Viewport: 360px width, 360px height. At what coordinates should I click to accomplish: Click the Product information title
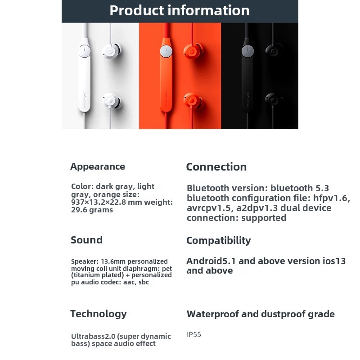coord(180,10)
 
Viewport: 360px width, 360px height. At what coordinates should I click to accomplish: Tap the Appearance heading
coord(98,166)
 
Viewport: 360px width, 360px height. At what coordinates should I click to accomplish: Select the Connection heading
coord(216,166)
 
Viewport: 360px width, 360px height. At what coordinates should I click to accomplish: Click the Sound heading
coord(86,240)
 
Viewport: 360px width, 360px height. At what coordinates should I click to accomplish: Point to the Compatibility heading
coord(219,241)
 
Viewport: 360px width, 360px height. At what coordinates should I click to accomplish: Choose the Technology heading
coord(99,314)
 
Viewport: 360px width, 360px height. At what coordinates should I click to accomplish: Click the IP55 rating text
coord(194,334)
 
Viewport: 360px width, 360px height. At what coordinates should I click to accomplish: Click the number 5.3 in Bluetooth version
coord(322,188)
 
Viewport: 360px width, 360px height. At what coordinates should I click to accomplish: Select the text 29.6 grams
coord(92,210)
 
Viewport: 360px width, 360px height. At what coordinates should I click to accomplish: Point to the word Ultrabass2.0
coord(93,336)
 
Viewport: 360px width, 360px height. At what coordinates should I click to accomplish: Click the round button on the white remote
coord(85,51)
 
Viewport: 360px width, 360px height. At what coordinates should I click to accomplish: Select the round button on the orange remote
coord(166,51)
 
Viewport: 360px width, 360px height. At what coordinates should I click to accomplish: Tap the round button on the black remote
coord(248,51)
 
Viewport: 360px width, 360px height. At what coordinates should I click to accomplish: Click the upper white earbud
coord(112,51)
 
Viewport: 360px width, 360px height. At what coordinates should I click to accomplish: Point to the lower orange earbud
coord(193,100)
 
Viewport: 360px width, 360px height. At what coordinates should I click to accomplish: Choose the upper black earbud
coord(274,51)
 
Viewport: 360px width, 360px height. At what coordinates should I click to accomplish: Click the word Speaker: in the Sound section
coord(85,261)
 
